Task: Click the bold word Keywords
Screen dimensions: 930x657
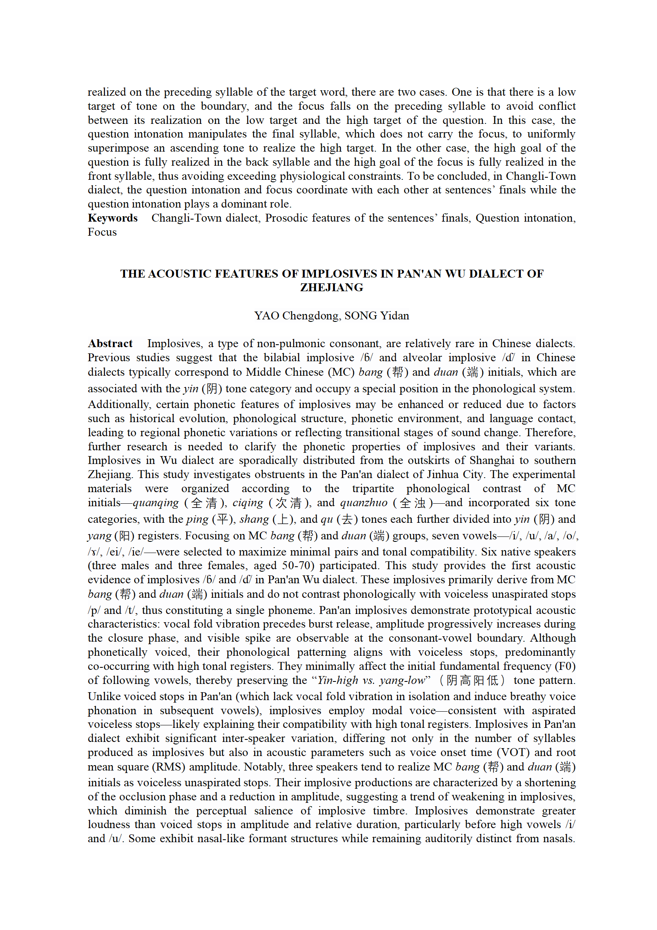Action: pyautogui.click(x=113, y=218)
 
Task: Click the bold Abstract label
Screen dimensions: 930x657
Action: pyautogui.click(x=110, y=343)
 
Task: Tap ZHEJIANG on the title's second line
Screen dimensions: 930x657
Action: pyautogui.click(x=332, y=287)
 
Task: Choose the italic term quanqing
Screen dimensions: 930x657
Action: pyautogui.click(x=156, y=503)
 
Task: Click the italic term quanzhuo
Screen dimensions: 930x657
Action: pyautogui.click(x=363, y=503)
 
